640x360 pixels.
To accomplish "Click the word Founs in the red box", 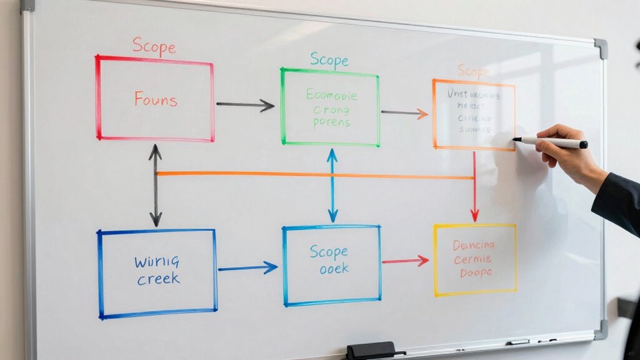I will [155, 99].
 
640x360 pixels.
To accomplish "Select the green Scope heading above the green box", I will [329, 60].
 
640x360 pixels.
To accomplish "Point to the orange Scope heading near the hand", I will [473, 71].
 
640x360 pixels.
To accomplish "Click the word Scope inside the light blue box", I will [329, 252].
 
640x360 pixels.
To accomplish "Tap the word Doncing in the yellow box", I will [473, 244].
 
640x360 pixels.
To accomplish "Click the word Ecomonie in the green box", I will [331, 95].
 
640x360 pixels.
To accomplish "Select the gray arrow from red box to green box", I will [245, 105].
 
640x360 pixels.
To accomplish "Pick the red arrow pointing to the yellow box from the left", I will [405, 260].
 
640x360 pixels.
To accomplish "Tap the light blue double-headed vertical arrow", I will [333, 185].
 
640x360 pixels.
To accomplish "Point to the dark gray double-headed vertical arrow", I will [155, 185].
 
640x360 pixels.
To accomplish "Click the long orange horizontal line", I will [313, 175].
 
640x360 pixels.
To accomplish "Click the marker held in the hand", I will [550, 142].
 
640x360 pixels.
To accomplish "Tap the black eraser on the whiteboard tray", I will [371, 350].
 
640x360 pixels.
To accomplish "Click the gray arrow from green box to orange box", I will [404, 113].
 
